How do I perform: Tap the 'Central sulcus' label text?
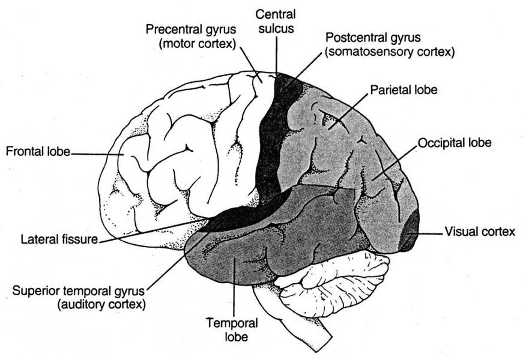tap(275, 21)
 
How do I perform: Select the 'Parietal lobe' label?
tap(403, 90)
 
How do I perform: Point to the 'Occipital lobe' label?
tap(454, 143)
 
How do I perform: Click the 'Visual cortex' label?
tap(480, 232)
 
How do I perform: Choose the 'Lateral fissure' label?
tap(59, 239)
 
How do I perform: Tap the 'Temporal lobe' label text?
tap(232, 330)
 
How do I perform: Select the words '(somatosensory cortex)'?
tap(389, 52)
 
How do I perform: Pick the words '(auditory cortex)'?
tap(101, 304)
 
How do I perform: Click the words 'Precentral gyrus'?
tap(191, 30)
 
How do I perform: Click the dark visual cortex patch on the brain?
tap(411, 234)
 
